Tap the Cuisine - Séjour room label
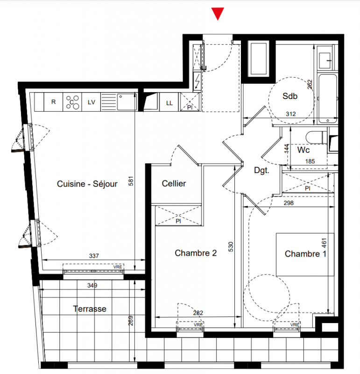tap(87, 184)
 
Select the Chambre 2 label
tap(196, 253)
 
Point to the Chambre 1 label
tap(305, 254)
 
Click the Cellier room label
tap(174, 183)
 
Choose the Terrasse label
tap(90, 309)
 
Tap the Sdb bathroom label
tap(290, 96)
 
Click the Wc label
tap(304, 150)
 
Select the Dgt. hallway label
tap(261, 171)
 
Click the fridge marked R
tap(53, 102)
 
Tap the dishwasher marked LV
tap(91, 102)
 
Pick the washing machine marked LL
tap(169, 102)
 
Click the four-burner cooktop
tap(72, 102)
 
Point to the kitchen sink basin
tap(127, 101)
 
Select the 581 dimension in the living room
tap(131, 181)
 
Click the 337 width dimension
tap(94, 256)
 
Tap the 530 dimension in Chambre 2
tap(231, 247)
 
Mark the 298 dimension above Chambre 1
tap(289, 203)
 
